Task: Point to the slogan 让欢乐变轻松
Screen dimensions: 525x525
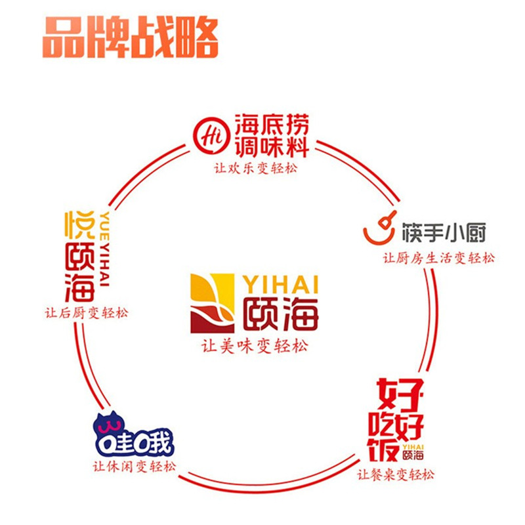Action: click(x=255, y=168)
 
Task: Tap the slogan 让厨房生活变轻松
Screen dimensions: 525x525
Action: click(x=439, y=258)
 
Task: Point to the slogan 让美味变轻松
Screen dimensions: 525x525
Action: click(x=254, y=346)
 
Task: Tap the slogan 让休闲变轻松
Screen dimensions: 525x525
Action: click(x=135, y=467)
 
